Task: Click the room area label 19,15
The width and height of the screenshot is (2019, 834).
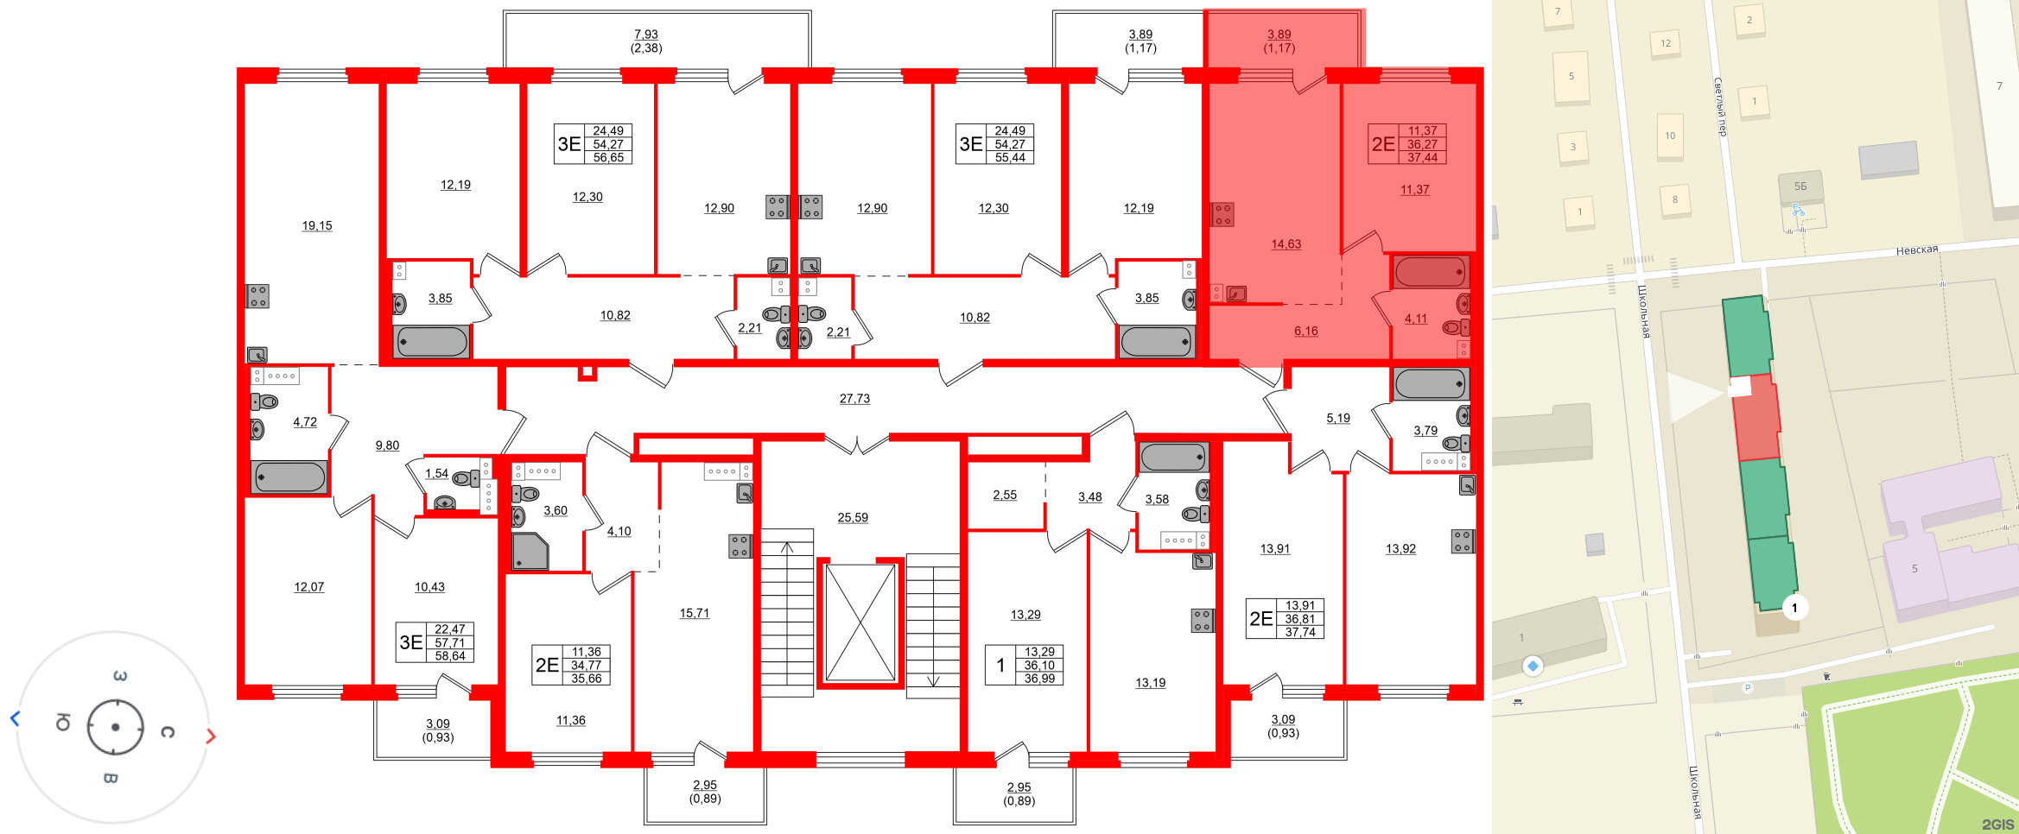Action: [x=316, y=226]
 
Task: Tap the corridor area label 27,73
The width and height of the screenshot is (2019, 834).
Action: [x=854, y=399]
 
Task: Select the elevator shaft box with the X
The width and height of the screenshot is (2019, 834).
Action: [x=860, y=622]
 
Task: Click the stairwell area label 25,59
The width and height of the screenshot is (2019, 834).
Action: [x=853, y=518]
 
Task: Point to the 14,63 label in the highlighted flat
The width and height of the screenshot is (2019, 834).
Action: [x=1286, y=244]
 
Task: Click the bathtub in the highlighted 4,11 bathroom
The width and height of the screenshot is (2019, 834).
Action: [x=1431, y=272]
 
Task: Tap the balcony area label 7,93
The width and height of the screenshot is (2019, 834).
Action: [x=646, y=35]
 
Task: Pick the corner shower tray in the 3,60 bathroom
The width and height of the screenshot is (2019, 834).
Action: [x=530, y=551]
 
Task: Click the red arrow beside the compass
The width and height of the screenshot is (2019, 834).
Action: [x=211, y=736]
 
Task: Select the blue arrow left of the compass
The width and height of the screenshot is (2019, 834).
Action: [x=15, y=718]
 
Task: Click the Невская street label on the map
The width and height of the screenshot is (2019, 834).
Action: [x=1916, y=250]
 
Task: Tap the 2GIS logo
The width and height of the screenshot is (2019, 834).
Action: [x=1998, y=825]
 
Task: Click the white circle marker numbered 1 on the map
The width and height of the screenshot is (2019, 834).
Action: [x=1794, y=608]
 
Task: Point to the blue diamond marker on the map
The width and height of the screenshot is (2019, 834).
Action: [x=1533, y=666]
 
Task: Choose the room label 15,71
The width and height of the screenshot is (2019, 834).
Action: [x=694, y=614]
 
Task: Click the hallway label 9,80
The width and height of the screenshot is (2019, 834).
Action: [x=387, y=445]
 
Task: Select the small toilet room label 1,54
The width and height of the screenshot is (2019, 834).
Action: [x=436, y=474]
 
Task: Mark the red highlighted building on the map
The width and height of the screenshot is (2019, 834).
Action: [x=1756, y=419]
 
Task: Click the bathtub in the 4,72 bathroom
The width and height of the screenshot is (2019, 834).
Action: [x=289, y=477]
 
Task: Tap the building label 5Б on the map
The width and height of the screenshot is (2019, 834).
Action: [x=1800, y=186]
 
